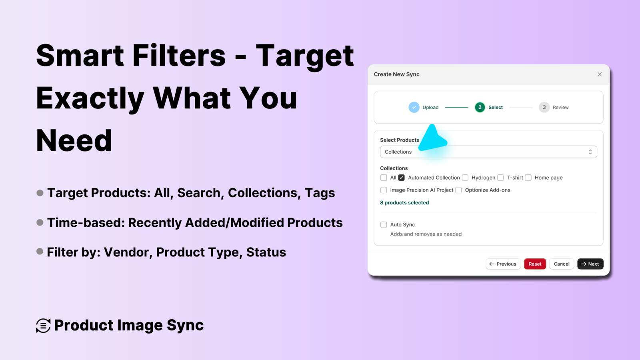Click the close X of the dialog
coord(600,74)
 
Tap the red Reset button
coord(535,264)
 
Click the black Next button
coord(590,264)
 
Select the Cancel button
coord(562,264)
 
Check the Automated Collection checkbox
coord(402,178)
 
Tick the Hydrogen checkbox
coord(465,178)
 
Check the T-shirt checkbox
coord(500,178)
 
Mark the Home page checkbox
coord(528,178)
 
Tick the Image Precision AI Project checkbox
coord(384,190)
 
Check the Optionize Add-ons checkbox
coord(458,190)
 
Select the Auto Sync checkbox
coord(384,225)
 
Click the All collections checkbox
coord(384,178)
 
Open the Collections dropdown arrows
coord(590,152)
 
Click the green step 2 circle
coord(480,107)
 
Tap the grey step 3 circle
coord(544,107)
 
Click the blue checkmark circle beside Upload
coord(414,107)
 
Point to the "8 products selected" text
coord(404,203)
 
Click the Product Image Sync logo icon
coord(43,326)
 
